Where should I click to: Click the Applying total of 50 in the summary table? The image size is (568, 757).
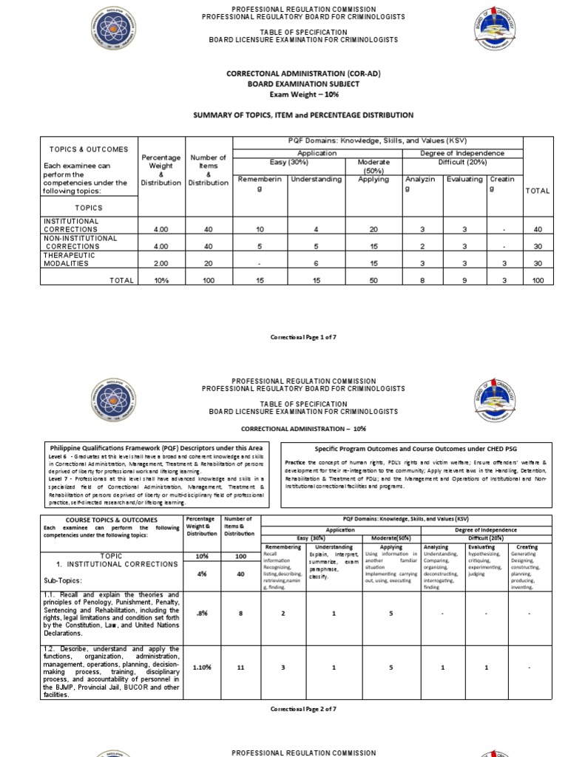(x=373, y=280)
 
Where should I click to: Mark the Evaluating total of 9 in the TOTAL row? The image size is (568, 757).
(x=464, y=280)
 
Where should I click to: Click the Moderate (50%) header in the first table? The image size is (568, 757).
(x=373, y=166)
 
